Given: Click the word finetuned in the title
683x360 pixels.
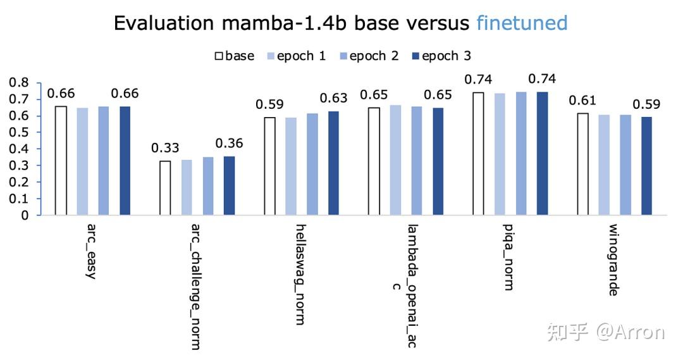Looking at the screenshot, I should (522, 23).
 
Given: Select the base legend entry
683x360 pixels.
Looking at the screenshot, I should (235, 56).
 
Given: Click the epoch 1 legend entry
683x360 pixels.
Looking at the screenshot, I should (297, 56).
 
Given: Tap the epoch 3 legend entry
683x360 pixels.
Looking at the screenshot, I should (440, 56).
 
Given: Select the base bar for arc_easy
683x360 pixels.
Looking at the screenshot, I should (61, 160).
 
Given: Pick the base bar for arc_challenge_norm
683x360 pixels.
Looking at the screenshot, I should (165, 188).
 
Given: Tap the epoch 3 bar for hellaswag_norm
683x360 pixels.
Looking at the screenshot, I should (333, 163).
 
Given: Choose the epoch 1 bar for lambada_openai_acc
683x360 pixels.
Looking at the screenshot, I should (395, 160).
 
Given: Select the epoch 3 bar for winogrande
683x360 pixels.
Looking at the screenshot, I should (646, 166).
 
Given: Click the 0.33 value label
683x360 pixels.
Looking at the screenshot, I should (164, 149).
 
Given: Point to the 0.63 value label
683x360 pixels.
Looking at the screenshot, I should (334, 98).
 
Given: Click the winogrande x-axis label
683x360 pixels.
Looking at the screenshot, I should (613, 259).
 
